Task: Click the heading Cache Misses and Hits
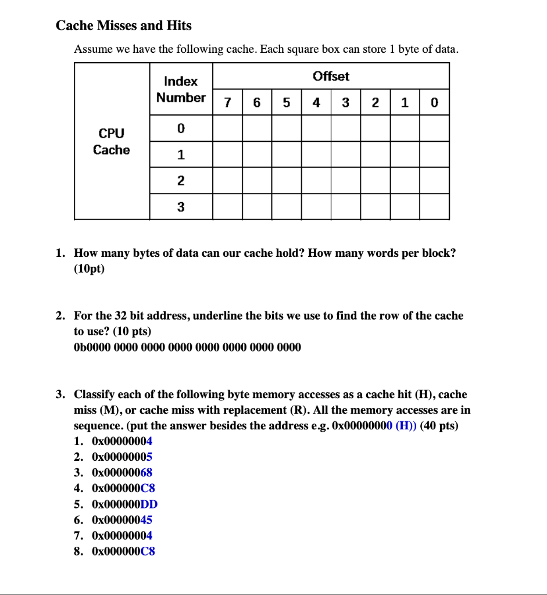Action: [123, 26]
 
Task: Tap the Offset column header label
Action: [331, 76]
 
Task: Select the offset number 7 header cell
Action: [227, 103]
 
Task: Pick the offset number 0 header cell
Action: [434, 103]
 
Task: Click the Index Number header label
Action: [181, 89]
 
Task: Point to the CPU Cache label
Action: [112, 141]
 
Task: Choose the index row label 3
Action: [181, 206]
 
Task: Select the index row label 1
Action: [181, 155]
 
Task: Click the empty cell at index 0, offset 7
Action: [227, 128]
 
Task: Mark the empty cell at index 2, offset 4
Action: [316, 180]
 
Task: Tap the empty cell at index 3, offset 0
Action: [434, 206]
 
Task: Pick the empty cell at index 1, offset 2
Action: [375, 155]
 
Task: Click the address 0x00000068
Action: [122, 472]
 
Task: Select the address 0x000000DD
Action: [124, 504]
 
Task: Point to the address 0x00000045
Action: [122, 519]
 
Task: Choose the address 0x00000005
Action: [122, 457]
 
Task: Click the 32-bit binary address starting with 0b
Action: [187, 347]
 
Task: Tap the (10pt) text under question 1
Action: [89, 269]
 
